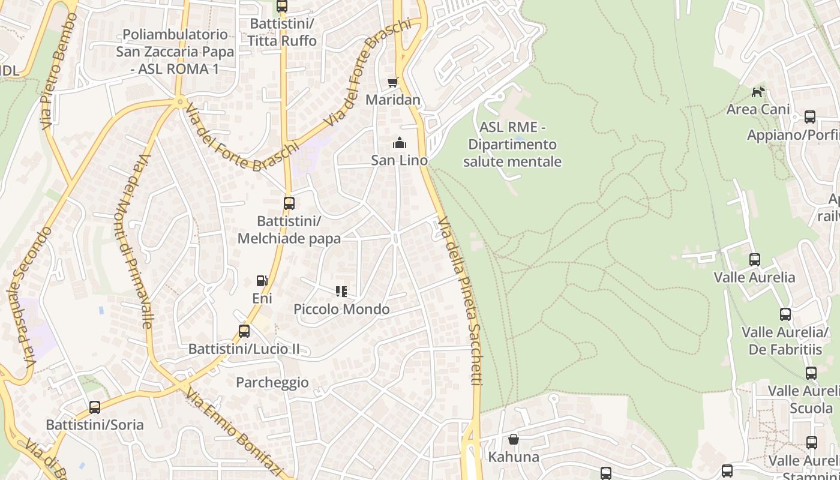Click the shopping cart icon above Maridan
[x=392, y=82]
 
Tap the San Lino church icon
[x=399, y=143]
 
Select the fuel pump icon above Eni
[x=262, y=281]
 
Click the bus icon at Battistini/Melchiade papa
[x=289, y=203]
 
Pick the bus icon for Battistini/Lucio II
[x=244, y=331]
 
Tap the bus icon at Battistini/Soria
[x=95, y=407]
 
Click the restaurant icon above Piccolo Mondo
[x=341, y=292]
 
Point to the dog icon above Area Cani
[x=758, y=92]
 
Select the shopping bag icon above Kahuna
[x=514, y=440]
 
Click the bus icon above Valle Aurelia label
[x=755, y=260]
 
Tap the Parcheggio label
[x=272, y=383]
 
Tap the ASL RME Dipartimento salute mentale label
[x=512, y=145]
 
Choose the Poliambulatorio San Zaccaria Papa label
[x=175, y=52]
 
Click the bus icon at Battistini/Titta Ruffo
[x=282, y=7]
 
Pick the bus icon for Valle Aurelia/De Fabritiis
[x=785, y=314]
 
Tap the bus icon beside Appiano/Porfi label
[x=810, y=117]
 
